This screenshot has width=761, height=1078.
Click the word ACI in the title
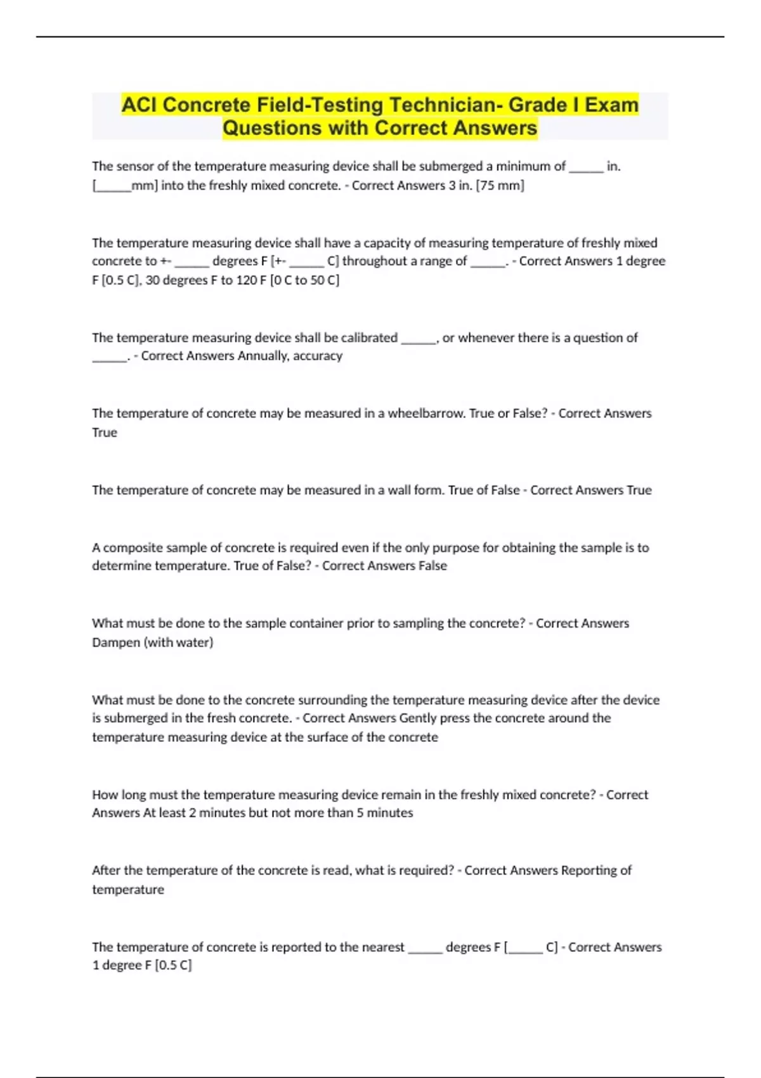pyautogui.click(x=139, y=105)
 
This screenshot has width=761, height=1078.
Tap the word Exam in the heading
pyautogui.click(x=611, y=105)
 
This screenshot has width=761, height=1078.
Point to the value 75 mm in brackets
pyautogui.click(x=500, y=185)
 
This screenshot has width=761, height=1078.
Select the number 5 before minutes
pyautogui.click(x=360, y=813)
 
